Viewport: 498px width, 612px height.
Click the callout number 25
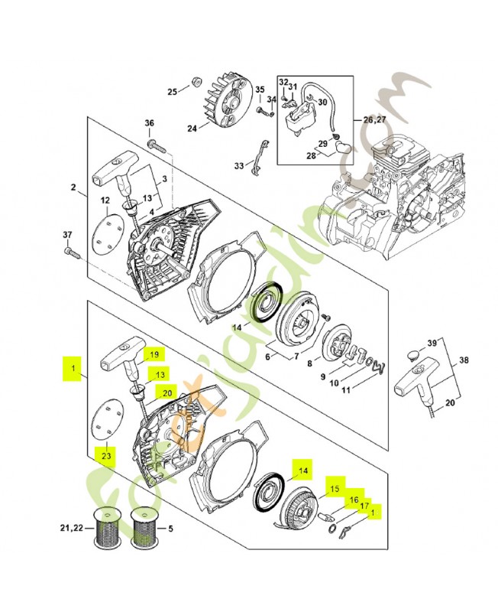click(173, 92)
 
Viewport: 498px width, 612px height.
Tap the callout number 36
click(150, 124)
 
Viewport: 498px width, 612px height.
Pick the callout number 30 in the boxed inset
click(322, 103)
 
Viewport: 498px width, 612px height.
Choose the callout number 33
click(238, 165)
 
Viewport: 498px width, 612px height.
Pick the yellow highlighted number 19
click(154, 354)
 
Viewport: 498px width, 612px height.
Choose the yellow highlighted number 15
click(334, 487)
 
